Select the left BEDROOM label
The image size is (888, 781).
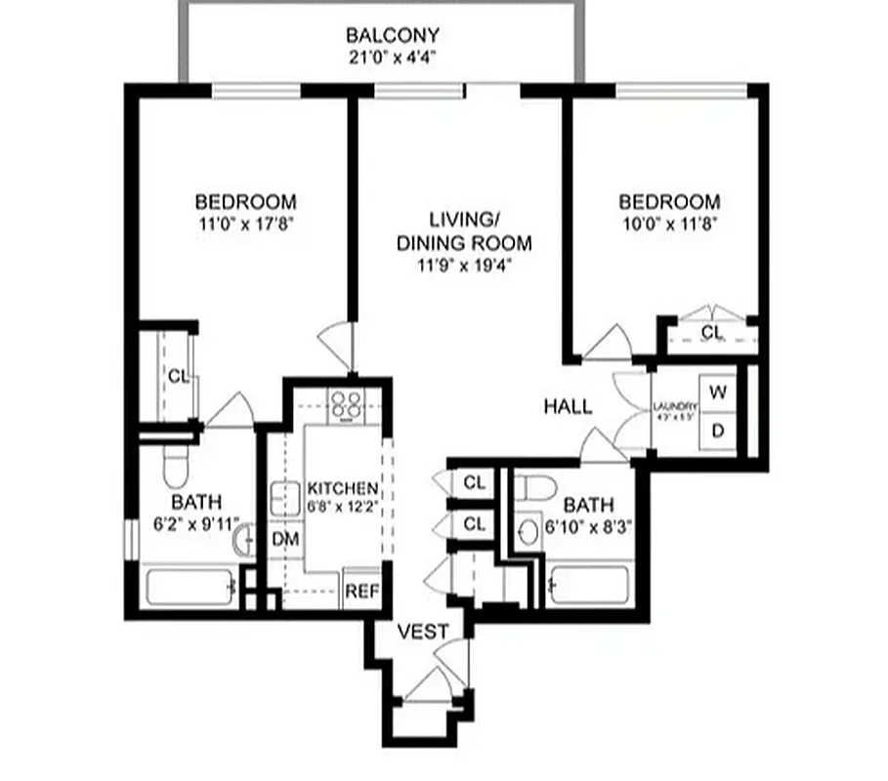pos(245,202)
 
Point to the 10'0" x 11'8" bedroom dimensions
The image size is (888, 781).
pos(670,223)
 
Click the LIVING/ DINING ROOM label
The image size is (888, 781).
pos(464,229)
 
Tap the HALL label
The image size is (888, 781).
pos(568,406)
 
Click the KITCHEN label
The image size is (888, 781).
pos(342,487)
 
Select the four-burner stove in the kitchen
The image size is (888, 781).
pos(344,403)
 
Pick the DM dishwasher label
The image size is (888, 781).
pos(284,538)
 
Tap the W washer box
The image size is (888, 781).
pos(718,392)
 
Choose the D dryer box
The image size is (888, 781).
pos(718,431)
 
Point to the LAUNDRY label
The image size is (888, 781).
pos(675,407)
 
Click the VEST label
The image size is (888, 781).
pos(423,632)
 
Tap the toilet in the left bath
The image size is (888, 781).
pos(176,467)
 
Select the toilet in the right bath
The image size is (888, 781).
pos(534,485)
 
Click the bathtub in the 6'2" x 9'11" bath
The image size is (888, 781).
pos(190,587)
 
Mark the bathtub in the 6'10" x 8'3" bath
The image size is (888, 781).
pos(590,587)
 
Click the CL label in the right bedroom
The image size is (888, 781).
pos(712,333)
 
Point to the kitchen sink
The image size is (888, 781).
pos(285,498)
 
